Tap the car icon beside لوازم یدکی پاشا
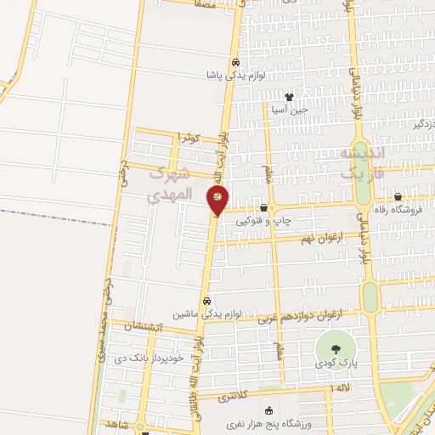click(x=235, y=62)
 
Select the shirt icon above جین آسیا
click(x=289, y=97)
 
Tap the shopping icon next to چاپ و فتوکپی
click(x=263, y=208)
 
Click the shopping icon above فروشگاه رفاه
click(x=397, y=197)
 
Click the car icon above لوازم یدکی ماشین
click(x=206, y=301)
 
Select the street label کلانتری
click(x=234, y=396)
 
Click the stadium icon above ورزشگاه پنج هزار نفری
click(x=269, y=410)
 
